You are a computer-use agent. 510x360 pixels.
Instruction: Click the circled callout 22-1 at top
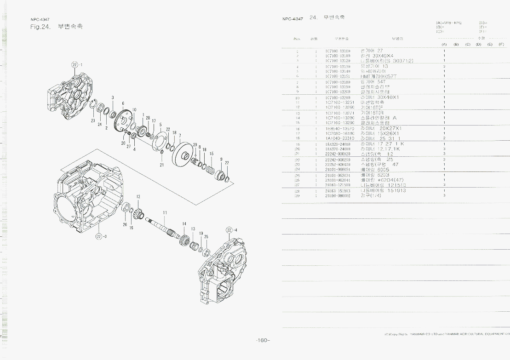tap(76, 64)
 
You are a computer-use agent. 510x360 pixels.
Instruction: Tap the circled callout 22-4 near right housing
tap(231, 230)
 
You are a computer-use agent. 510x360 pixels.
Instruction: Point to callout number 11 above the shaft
tap(165, 212)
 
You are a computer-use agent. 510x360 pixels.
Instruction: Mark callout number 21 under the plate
tap(162, 164)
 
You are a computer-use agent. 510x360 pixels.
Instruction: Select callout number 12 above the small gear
tap(138, 197)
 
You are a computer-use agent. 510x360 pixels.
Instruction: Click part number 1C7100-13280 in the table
tap(338, 118)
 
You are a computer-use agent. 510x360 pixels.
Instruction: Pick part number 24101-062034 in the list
tap(338, 175)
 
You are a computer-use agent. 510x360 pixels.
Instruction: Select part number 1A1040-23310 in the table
tap(338, 138)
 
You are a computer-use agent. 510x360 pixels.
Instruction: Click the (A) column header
tap(444, 44)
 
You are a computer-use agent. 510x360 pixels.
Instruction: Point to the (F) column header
tap(501, 44)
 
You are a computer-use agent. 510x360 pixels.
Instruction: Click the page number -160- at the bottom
tap(263, 340)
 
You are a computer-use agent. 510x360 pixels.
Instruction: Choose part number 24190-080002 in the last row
tap(338, 195)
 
